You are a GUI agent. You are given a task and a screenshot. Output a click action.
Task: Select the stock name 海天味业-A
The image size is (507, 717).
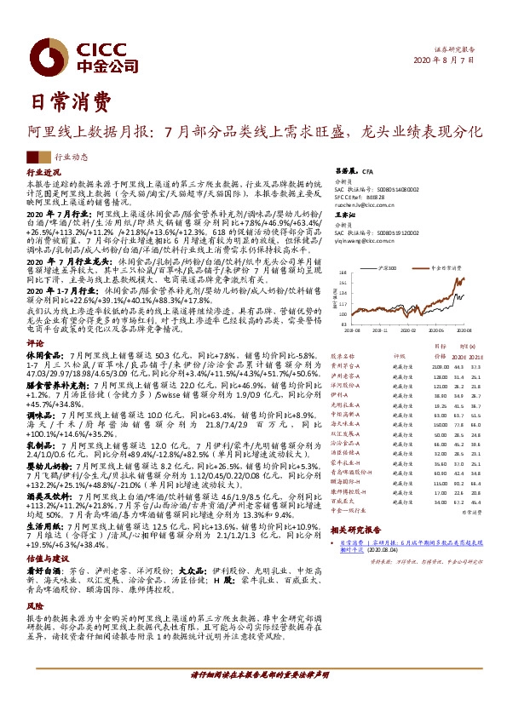point(348,422)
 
